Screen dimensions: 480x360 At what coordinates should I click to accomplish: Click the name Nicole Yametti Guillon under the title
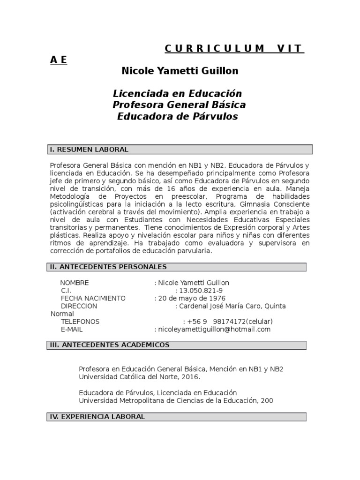tap(180, 71)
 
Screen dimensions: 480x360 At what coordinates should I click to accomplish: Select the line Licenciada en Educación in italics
tap(178, 93)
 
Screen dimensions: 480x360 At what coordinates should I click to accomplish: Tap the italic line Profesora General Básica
tap(180, 105)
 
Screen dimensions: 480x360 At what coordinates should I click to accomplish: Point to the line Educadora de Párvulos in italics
tap(177, 116)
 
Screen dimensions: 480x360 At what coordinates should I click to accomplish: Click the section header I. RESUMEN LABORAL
tap(89, 150)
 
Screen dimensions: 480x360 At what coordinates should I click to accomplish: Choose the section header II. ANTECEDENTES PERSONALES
tap(108, 267)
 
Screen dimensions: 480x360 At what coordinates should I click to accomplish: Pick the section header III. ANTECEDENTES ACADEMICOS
tap(110, 345)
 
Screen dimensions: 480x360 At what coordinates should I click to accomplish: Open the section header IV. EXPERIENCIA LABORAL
tap(97, 417)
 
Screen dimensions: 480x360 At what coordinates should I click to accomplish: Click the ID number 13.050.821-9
tap(199, 291)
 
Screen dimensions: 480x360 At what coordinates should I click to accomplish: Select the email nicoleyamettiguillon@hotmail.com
tap(214, 330)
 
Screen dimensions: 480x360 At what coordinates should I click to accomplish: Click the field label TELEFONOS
tap(80, 322)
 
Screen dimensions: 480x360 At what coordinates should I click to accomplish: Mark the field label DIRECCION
tap(79, 306)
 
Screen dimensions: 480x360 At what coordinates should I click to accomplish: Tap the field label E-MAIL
tap(72, 330)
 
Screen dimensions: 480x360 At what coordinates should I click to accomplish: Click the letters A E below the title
tap(59, 60)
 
